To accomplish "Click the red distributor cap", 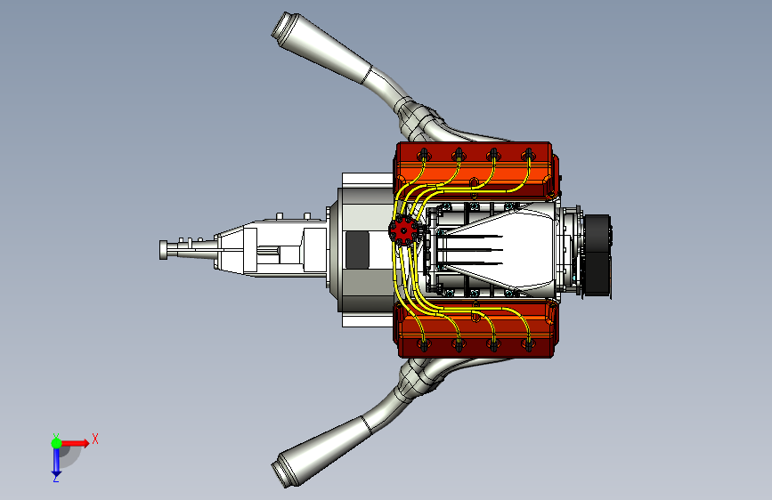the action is tap(403, 230).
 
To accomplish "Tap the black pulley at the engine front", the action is tap(597, 255).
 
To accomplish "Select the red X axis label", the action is tap(95, 439).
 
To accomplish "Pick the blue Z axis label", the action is tap(56, 478).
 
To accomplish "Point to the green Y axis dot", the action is tap(56, 443).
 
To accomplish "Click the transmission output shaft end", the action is tap(164, 249).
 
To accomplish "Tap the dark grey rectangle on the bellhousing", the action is tap(357, 250).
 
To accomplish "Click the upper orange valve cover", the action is tap(475, 171).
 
